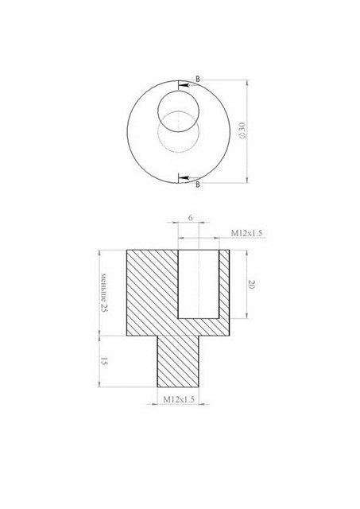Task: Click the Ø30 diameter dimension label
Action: (x=242, y=130)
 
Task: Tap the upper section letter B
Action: (x=198, y=79)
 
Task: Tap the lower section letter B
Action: (x=198, y=185)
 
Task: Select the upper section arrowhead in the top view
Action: (x=184, y=85)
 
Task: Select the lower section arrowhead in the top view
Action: (x=184, y=178)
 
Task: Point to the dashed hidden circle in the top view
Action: (x=178, y=152)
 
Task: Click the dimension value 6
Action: (x=191, y=217)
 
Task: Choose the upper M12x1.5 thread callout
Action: (x=246, y=233)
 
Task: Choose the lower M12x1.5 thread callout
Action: (x=179, y=399)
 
